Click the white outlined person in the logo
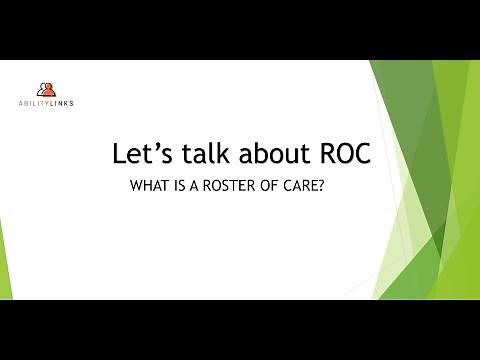pyautogui.click(x=39, y=89)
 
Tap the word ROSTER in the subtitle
pyautogui.click(x=233, y=186)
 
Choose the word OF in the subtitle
pyautogui.click(x=277, y=186)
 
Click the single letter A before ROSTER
pyautogui.click(x=198, y=186)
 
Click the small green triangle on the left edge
pyautogui.click(x=4, y=250)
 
